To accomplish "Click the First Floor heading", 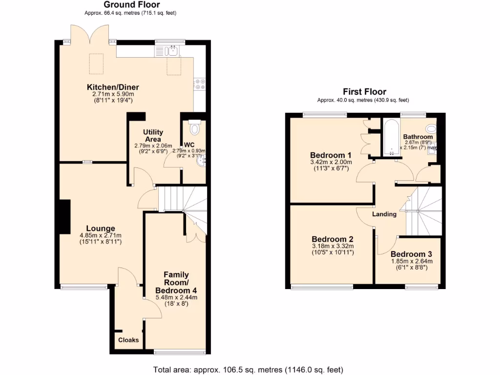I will point(364,92).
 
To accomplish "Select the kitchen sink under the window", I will point(167,50).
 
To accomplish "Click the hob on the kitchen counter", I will point(199,84).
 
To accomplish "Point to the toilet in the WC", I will point(194,128).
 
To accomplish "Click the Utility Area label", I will point(153,136).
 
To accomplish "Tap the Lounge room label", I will point(101,228).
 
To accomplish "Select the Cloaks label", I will point(128,340).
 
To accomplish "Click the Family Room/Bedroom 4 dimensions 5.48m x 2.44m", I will point(176,297).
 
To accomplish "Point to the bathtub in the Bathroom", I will point(391,137).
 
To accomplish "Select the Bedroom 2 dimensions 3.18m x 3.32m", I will point(333,246).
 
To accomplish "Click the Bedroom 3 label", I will point(411,254).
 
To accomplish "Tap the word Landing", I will point(384,214).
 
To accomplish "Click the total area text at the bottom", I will point(248,369).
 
